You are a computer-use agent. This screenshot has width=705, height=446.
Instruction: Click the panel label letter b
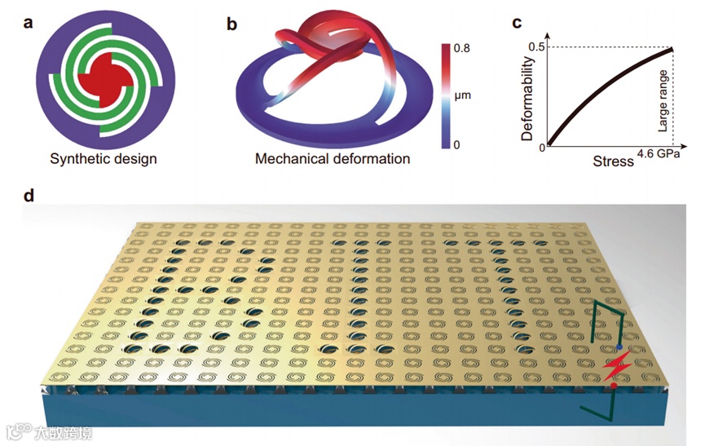click(x=232, y=24)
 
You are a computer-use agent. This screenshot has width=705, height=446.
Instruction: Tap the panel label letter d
click(x=29, y=197)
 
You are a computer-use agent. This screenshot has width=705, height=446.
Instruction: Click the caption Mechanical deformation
click(x=333, y=158)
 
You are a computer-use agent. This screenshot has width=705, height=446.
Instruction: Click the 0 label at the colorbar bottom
click(x=458, y=145)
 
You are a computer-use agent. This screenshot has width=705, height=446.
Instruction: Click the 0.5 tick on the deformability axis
click(x=535, y=46)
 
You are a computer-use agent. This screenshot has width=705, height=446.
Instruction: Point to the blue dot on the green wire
click(x=619, y=347)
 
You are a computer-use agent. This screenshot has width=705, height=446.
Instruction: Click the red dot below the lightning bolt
click(x=612, y=387)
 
